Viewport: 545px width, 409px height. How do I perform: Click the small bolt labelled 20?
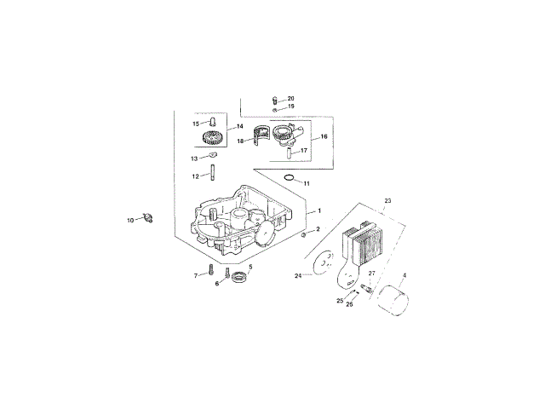click(x=274, y=101)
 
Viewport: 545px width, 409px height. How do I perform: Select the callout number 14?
click(x=228, y=126)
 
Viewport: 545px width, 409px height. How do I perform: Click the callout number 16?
click(x=324, y=135)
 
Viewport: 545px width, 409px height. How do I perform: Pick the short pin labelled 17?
click(x=291, y=154)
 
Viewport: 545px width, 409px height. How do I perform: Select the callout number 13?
click(x=194, y=158)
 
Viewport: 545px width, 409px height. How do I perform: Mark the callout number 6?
click(x=217, y=283)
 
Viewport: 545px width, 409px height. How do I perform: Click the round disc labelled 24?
click(x=321, y=263)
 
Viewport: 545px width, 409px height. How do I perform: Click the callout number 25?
click(x=340, y=300)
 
